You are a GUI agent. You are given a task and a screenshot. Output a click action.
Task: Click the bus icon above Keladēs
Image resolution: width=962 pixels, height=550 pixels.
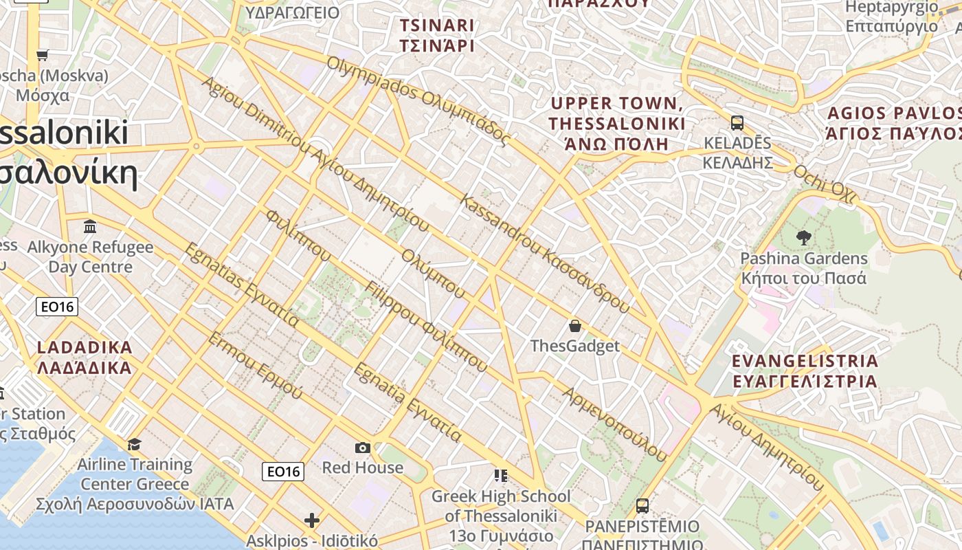tap(737, 123)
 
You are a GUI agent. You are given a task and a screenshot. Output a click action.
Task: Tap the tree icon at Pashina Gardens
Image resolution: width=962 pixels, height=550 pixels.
tap(803, 238)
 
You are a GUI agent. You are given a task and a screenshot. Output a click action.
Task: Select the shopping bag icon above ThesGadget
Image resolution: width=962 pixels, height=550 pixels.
tap(575, 325)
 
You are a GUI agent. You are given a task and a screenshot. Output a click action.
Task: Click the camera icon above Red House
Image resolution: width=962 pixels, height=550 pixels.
tap(363, 448)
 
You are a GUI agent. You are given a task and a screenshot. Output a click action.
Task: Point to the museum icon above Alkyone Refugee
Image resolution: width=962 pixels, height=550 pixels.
tap(90, 226)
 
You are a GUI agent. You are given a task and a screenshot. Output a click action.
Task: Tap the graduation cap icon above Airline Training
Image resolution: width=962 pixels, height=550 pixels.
tap(134, 444)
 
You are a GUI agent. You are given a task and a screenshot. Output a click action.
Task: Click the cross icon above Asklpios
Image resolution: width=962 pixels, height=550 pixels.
tap(312, 520)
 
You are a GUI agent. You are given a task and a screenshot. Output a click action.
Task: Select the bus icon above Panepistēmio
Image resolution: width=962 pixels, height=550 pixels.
tap(642, 506)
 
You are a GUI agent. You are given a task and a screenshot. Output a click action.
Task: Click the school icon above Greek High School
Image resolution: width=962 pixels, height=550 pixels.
tap(501, 475)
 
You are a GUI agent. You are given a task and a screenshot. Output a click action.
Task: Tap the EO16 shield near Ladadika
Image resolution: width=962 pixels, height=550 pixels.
tap(57, 307)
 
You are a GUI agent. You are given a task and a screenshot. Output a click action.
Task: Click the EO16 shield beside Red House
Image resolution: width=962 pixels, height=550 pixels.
tap(283, 471)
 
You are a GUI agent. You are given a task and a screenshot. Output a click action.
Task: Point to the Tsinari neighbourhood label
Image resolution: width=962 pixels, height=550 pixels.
tap(437, 36)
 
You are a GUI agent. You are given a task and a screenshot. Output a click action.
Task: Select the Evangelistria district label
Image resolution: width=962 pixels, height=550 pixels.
tap(805, 371)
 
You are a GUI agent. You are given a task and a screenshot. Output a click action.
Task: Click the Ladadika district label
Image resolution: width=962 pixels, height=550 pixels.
tap(84, 357)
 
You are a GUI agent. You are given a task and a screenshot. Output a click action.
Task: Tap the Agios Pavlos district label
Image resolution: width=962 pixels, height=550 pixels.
tap(894, 123)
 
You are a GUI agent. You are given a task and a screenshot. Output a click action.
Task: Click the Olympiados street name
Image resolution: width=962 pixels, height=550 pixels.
tap(418, 100)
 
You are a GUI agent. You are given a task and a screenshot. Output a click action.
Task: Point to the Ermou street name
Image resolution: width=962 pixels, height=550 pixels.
tap(254, 366)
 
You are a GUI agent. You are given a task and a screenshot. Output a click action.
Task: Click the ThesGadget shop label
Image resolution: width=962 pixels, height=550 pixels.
tap(575, 346)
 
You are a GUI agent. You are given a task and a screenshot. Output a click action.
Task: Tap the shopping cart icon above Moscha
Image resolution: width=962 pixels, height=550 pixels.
tap(43, 55)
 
